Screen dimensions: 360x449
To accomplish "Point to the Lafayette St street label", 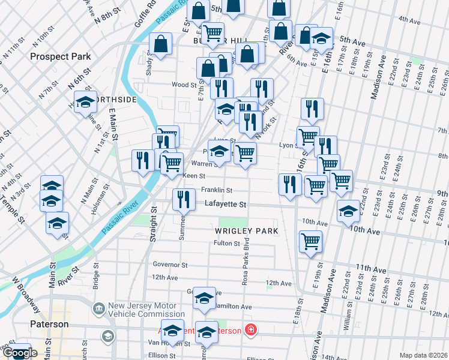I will point(225,205).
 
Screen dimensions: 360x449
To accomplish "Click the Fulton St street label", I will point(226,243).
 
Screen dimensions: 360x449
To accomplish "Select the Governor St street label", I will point(170,265).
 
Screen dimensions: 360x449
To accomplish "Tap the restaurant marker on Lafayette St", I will point(184,200).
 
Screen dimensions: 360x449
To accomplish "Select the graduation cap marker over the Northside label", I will point(85,102).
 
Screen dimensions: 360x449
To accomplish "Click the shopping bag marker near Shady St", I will point(161,44).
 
